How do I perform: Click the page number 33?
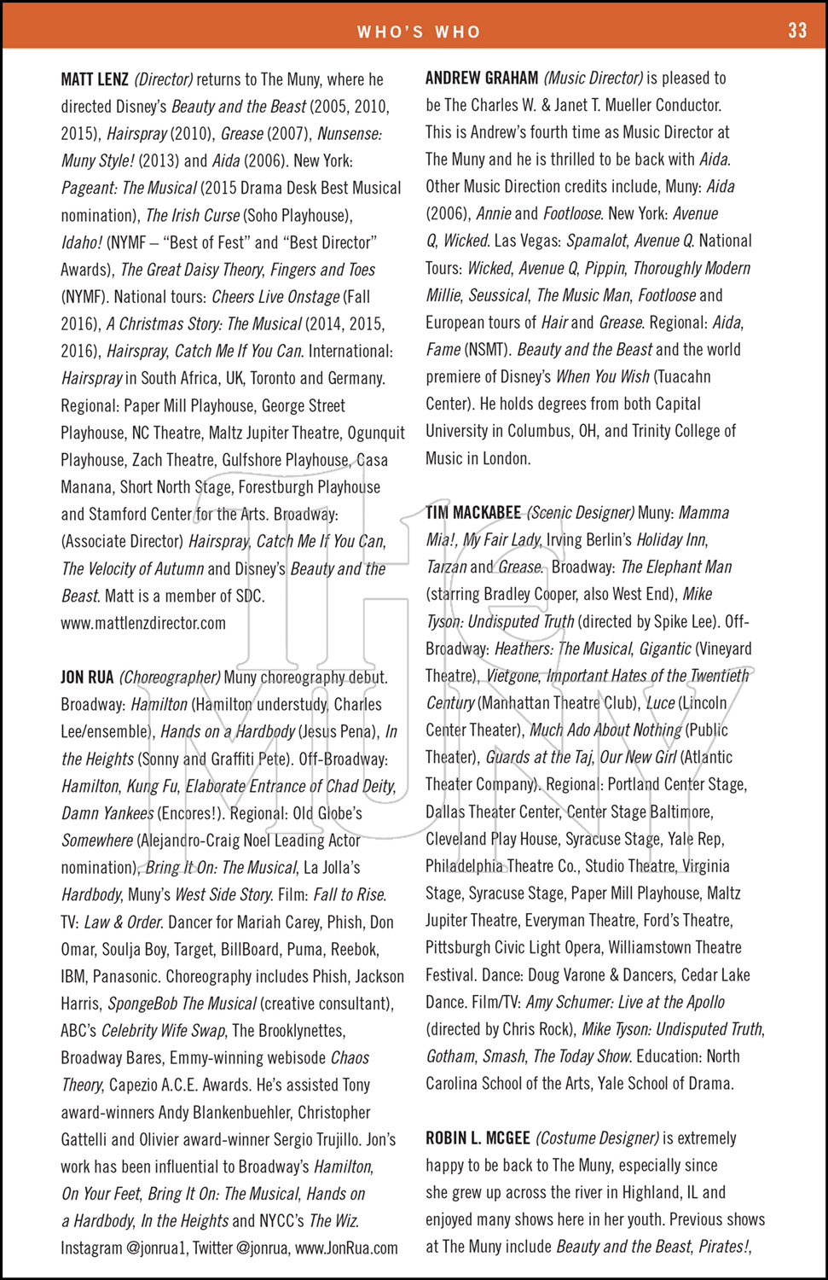[x=796, y=31]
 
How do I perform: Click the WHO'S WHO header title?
[x=419, y=32]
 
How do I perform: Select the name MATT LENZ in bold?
[x=95, y=80]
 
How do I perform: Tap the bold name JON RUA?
[x=87, y=678]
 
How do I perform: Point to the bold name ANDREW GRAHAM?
[x=482, y=79]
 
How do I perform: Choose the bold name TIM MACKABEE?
[x=473, y=513]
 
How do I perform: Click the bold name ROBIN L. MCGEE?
[x=478, y=1138]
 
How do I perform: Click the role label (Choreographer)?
[x=170, y=678]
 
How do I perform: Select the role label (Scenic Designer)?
[x=580, y=513]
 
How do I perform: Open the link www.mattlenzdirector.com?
[x=143, y=623]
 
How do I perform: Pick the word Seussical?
[x=499, y=295]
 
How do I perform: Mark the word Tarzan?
[x=446, y=567]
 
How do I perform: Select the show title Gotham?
[x=450, y=1056]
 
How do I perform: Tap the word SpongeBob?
[x=142, y=1004]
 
